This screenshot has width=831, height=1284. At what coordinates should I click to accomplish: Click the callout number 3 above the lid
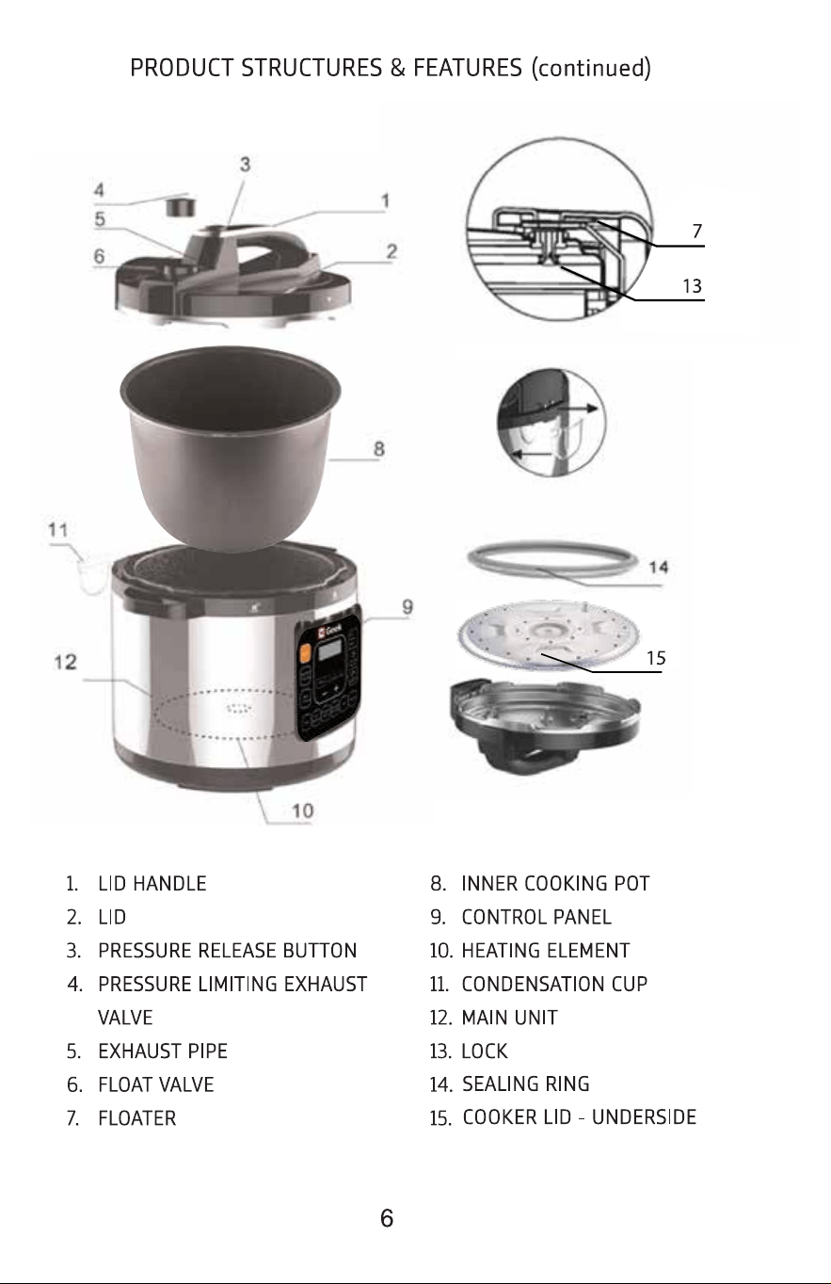point(245,165)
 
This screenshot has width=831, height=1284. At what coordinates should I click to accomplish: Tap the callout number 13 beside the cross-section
point(693,285)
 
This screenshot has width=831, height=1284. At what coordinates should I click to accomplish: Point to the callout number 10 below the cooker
point(303,811)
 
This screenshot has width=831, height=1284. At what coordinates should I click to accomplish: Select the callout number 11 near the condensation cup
point(58,530)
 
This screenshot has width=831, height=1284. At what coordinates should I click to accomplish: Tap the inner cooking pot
point(231,447)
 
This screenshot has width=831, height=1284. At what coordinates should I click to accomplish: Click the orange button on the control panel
point(305,653)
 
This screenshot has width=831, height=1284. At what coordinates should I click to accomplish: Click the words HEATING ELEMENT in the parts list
point(545,951)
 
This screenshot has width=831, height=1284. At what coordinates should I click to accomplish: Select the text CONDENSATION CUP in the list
point(554,985)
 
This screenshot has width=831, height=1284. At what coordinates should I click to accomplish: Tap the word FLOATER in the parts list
point(137,1118)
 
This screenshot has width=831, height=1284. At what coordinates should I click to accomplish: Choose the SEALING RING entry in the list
point(525,1083)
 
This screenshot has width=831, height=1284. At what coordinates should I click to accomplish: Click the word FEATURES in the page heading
point(468,68)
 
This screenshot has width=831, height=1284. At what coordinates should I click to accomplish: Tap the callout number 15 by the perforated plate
point(656,658)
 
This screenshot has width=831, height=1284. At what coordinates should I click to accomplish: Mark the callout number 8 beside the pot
point(379,448)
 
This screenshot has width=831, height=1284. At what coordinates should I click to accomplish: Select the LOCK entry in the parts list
point(485,1051)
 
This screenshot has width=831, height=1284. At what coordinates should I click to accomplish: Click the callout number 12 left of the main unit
point(65,662)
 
